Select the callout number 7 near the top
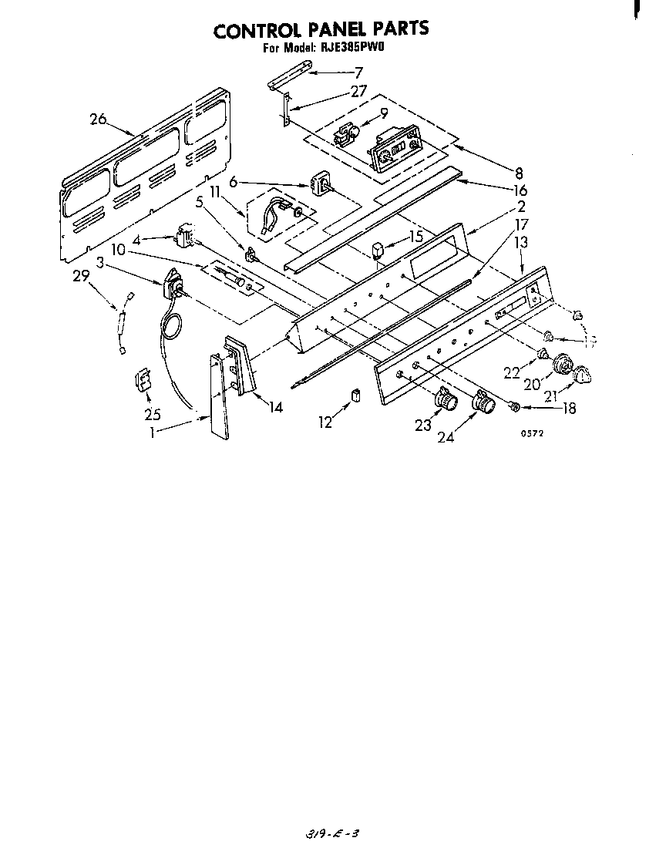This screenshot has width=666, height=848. tap(358, 73)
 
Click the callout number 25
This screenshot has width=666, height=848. tap(151, 413)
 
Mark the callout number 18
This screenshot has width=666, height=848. tap(569, 409)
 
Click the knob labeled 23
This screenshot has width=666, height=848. tap(446, 399)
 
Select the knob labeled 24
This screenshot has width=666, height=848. tap(482, 401)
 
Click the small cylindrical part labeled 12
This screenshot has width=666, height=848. tap(356, 395)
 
